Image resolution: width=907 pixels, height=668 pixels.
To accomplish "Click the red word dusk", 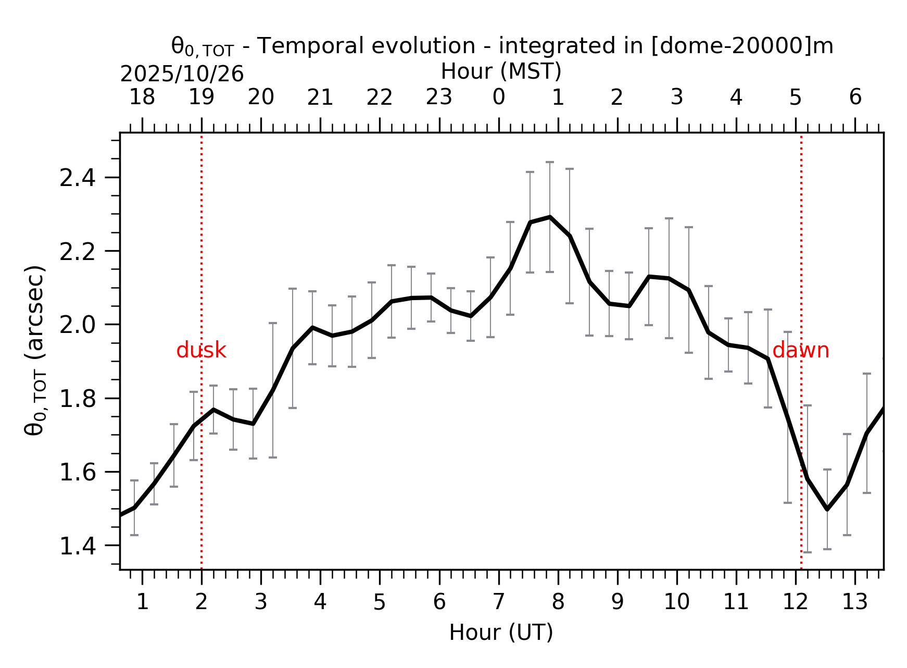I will click(x=201, y=351).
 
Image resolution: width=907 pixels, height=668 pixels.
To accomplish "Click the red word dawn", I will click(x=800, y=351).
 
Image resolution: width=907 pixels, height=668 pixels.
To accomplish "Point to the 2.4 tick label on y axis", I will click(x=78, y=179).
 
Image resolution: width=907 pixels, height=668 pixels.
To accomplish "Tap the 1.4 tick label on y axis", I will click(x=78, y=547).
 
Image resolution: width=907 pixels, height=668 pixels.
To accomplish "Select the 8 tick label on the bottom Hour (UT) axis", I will click(x=558, y=602).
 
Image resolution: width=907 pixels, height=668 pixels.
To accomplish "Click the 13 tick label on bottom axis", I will click(x=854, y=602).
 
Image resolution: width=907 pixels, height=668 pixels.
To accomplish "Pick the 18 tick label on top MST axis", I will click(x=142, y=97).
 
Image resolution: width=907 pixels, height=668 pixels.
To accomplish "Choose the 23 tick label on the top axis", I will click(x=439, y=97).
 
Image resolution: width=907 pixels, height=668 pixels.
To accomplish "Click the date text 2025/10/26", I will click(x=182, y=75).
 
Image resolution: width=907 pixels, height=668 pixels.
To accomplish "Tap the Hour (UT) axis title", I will click(x=501, y=633).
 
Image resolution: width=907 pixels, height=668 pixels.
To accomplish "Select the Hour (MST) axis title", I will click(x=501, y=71).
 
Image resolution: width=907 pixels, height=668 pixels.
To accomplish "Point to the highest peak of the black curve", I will click(x=550, y=217).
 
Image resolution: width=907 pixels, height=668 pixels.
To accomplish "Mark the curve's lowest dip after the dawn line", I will click(x=827, y=509).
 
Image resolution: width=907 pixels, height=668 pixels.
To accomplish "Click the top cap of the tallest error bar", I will click(x=550, y=162).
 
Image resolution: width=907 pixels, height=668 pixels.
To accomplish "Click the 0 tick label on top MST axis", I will click(x=498, y=97).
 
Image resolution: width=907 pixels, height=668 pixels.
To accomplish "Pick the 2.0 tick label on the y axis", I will click(x=78, y=326).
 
